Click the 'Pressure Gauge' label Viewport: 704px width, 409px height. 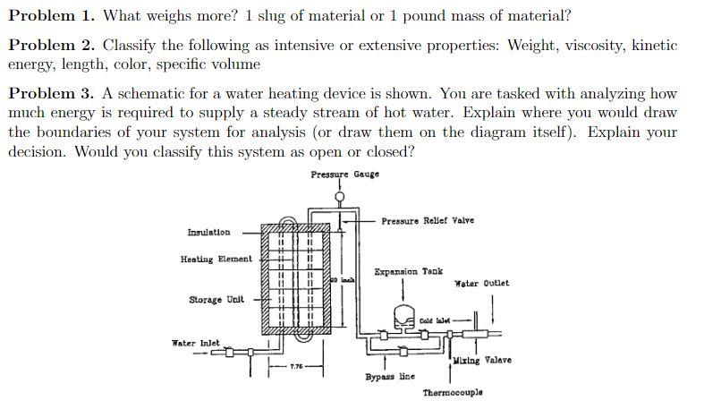pos(344,174)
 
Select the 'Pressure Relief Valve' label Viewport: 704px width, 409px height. pos(428,221)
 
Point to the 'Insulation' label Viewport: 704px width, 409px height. pos(208,233)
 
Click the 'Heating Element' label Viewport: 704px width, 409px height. pos(216,260)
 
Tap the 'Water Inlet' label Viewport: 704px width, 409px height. pos(195,343)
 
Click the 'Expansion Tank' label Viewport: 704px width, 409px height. pos(408,271)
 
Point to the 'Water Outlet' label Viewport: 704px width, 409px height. pos(481,283)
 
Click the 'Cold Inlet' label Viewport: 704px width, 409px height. pos(434,320)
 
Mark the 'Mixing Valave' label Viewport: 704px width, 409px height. pos(482,360)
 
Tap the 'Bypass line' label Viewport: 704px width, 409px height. pos(389,377)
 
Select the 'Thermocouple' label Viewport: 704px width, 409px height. pos(453,393)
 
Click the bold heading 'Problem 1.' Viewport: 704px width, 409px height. pos(51,16)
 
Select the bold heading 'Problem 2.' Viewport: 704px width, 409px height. pos(51,45)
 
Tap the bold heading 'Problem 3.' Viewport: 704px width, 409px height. pos(51,93)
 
